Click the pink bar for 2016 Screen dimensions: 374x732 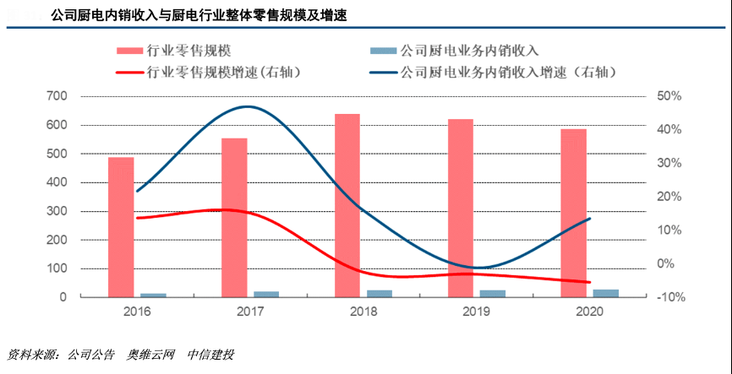(x=121, y=227)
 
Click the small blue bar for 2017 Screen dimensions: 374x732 (x=266, y=294)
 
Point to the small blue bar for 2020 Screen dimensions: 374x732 (x=606, y=293)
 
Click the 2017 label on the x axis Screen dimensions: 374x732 (x=250, y=312)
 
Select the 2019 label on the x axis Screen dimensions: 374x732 (x=477, y=312)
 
